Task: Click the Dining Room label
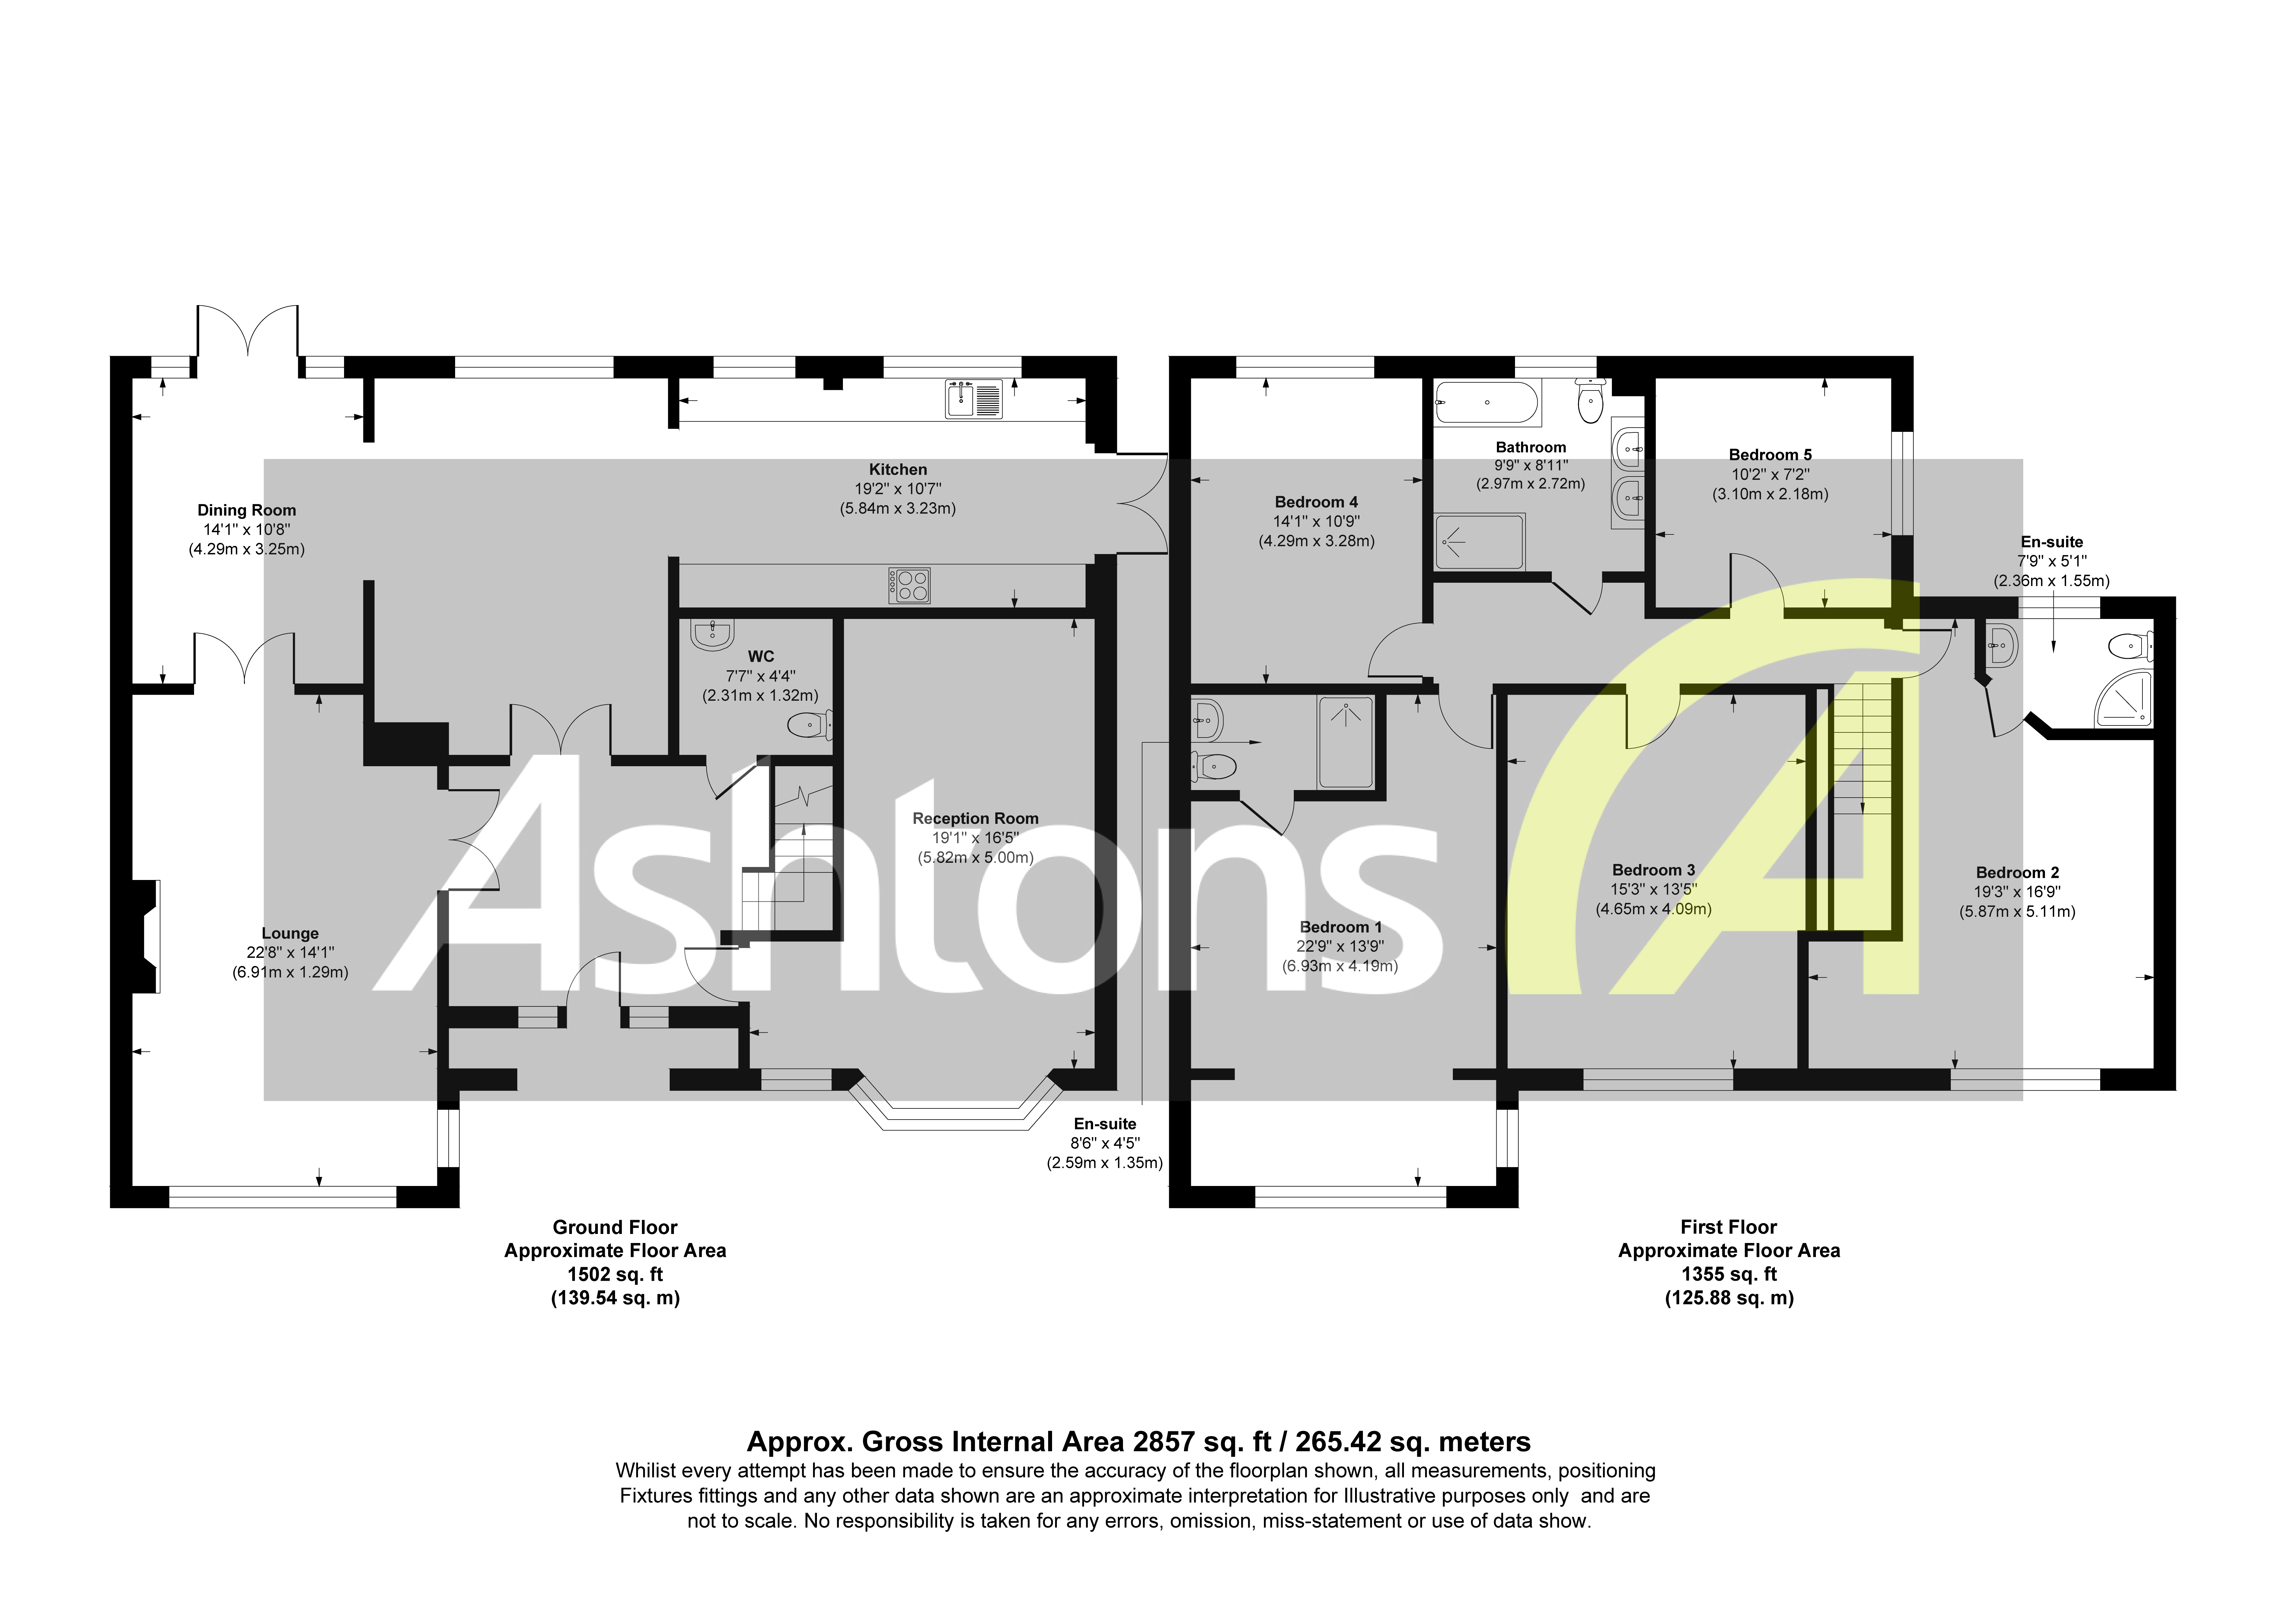tap(246, 510)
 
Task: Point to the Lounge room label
tap(290, 933)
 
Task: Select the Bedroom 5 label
tap(1770, 454)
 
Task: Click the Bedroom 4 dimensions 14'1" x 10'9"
tap(1316, 521)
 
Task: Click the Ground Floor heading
tap(614, 1227)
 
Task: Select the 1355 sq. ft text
tap(1728, 1274)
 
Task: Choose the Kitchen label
tap(898, 469)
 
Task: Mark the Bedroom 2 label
tap(2017, 873)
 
